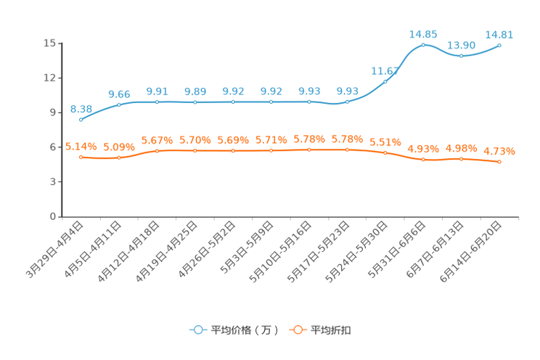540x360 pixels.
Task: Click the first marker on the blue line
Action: pyautogui.click(x=81, y=120)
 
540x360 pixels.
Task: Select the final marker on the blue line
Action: pyautogui.click(x=499, y=45)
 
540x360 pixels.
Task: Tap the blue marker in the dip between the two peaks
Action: pyautogui.click(x=461, y=55)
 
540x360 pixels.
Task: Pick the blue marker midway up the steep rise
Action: pyautogui.click(x=385, y=81)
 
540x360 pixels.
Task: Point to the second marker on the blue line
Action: pyautogui.click(x=119, y=105)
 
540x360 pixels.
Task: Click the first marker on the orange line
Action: pyautogui.click(x=81, y=157)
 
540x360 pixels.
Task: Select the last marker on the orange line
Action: pyautogui.click(x=499, y=161)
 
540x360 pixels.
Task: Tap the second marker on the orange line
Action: pyautogui.click(x=119, y=157)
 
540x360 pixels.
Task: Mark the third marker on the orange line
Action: pyautogui.click(x=157, y=151)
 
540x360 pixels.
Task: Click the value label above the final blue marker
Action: pyautogui.click(x=499, y=34)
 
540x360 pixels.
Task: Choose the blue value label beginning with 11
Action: pyautogui.click(x=384, y=70)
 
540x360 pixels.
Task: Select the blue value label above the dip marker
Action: pyautogui.click(x=462, y=45)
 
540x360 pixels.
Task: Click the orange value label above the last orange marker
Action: pyautogui.click(x=499, y=151)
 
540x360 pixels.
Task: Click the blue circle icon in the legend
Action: pyautogui.click(x=197, y=330)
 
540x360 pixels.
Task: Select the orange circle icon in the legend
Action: pyautogui.click(x=297, y=330)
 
